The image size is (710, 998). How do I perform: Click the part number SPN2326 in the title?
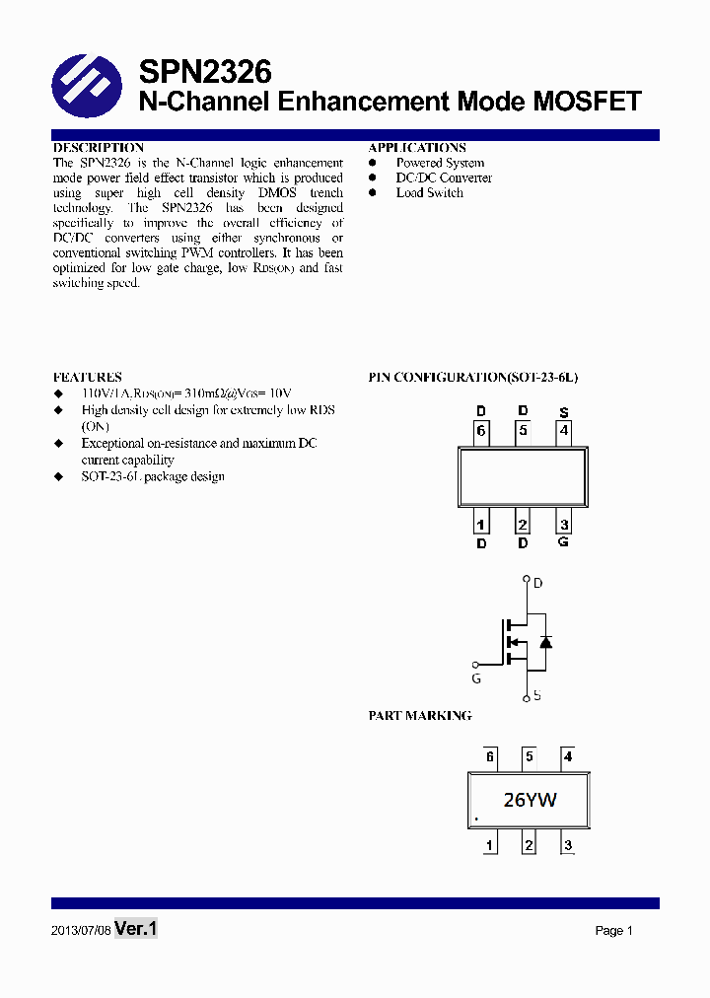pos(205,71)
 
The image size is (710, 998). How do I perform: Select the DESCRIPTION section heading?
pos(99,148)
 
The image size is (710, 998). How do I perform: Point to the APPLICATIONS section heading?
pos(417,148)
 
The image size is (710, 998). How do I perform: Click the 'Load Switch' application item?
pos(429,193)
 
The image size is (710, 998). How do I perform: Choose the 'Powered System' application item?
pos(440,163)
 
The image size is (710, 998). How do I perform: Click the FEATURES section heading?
pos(88,378)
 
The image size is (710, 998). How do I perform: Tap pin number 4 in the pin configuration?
pos(564,430)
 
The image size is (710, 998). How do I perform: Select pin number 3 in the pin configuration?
pos(564,525)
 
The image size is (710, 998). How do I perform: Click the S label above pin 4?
pos(564,412)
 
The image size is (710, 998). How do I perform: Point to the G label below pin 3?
pos(564,542)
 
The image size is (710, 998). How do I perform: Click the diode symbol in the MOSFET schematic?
pos(545,641)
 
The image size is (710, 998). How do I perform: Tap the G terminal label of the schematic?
pos(476,678)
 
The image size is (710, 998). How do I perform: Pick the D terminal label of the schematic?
pos(538,584)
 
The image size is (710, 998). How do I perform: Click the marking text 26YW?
pos(530,800)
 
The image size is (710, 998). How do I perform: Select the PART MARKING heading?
pos(420,716)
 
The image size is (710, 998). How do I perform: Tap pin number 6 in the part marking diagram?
pos(490,757)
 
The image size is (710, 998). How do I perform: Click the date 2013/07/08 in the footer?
pos(81,931)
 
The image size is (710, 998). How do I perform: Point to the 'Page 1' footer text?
pos(613,931)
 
